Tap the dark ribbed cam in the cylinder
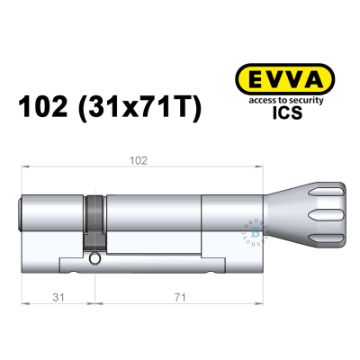94,220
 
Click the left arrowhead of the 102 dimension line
22,168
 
